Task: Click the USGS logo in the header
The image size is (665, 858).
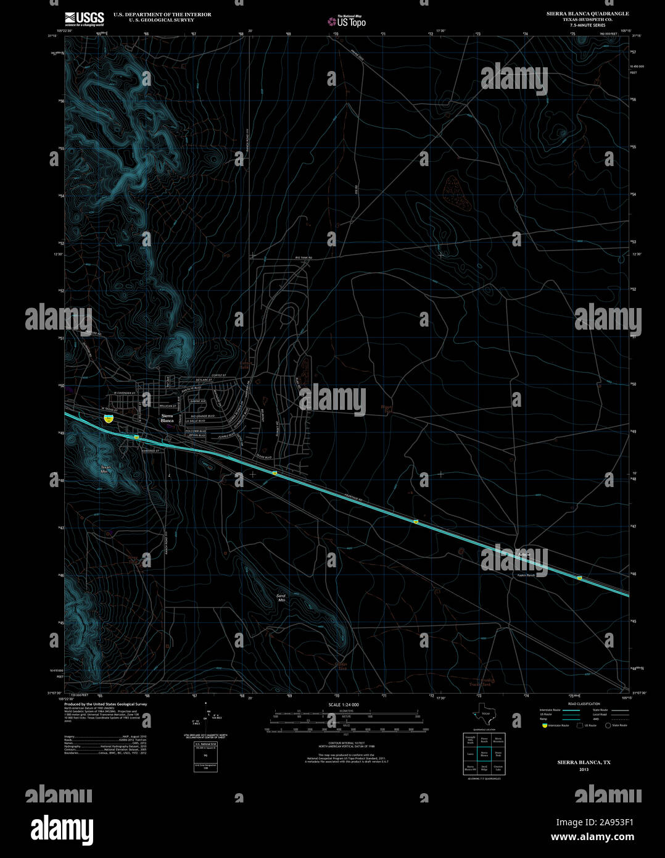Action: coord(84,19)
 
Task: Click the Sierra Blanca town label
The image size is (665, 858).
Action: coord(167,419)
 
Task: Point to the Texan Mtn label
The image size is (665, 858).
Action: coord(105,469)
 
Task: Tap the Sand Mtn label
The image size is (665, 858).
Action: coord(281,597)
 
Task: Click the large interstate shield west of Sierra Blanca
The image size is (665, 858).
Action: coord(109,418)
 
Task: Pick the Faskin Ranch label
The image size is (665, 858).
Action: coord(526,575)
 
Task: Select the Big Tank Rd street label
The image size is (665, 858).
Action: coord(304,258)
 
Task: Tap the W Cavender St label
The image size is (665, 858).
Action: coord(126,393)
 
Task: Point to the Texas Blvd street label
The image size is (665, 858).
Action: coord(263,457)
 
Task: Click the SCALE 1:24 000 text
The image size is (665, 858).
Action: coord(344,704)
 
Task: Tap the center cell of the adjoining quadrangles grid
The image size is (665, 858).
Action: coord(484,754)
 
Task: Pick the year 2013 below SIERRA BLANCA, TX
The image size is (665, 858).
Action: coord(584,770)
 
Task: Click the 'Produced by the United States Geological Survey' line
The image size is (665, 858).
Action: coord(105,704)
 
